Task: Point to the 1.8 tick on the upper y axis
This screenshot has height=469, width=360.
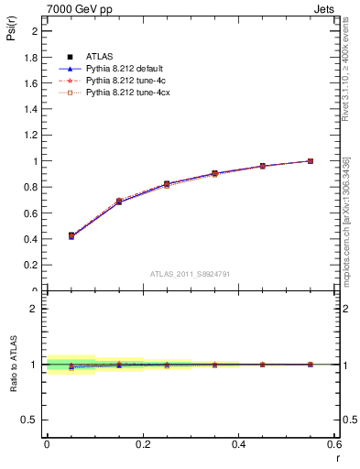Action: coord(32,57)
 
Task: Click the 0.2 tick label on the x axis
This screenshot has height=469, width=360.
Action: coord(143,444)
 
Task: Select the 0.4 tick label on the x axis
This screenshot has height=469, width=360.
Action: coord(239,444)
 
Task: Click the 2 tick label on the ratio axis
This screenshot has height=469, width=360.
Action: coord(35,309)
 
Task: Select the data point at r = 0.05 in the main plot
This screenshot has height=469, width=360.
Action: coord(71,235)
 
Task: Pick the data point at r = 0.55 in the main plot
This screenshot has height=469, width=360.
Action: coord(311,161)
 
